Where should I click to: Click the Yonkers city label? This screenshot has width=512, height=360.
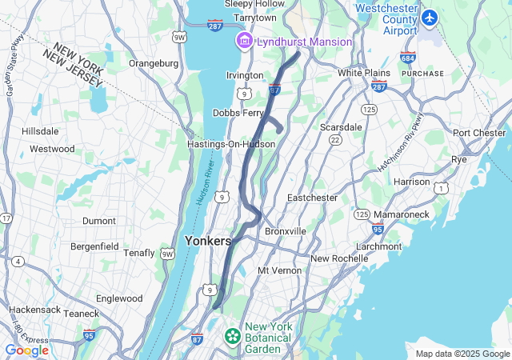click(x=207, y=240)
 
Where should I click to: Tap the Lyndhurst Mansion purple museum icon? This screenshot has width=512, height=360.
click(x=242, y=41)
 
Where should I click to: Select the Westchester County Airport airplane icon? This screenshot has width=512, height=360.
click(x=430, y=17)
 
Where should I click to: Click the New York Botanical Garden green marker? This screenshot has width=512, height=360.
click(x=233, y=334)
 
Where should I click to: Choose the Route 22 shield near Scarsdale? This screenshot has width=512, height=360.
click(x=334, y=140)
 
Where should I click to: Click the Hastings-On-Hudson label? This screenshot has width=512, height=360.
click(x=230, y=144)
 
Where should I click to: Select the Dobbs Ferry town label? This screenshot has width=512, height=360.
click(x=238, y=114)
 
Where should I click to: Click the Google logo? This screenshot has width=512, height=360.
click(x=26, y=350)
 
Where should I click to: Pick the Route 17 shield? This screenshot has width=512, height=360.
click(x=7, y=218)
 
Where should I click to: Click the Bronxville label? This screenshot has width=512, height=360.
click(x=286, y=231)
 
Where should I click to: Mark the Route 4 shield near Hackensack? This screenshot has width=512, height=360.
click(x=18, y=261)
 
